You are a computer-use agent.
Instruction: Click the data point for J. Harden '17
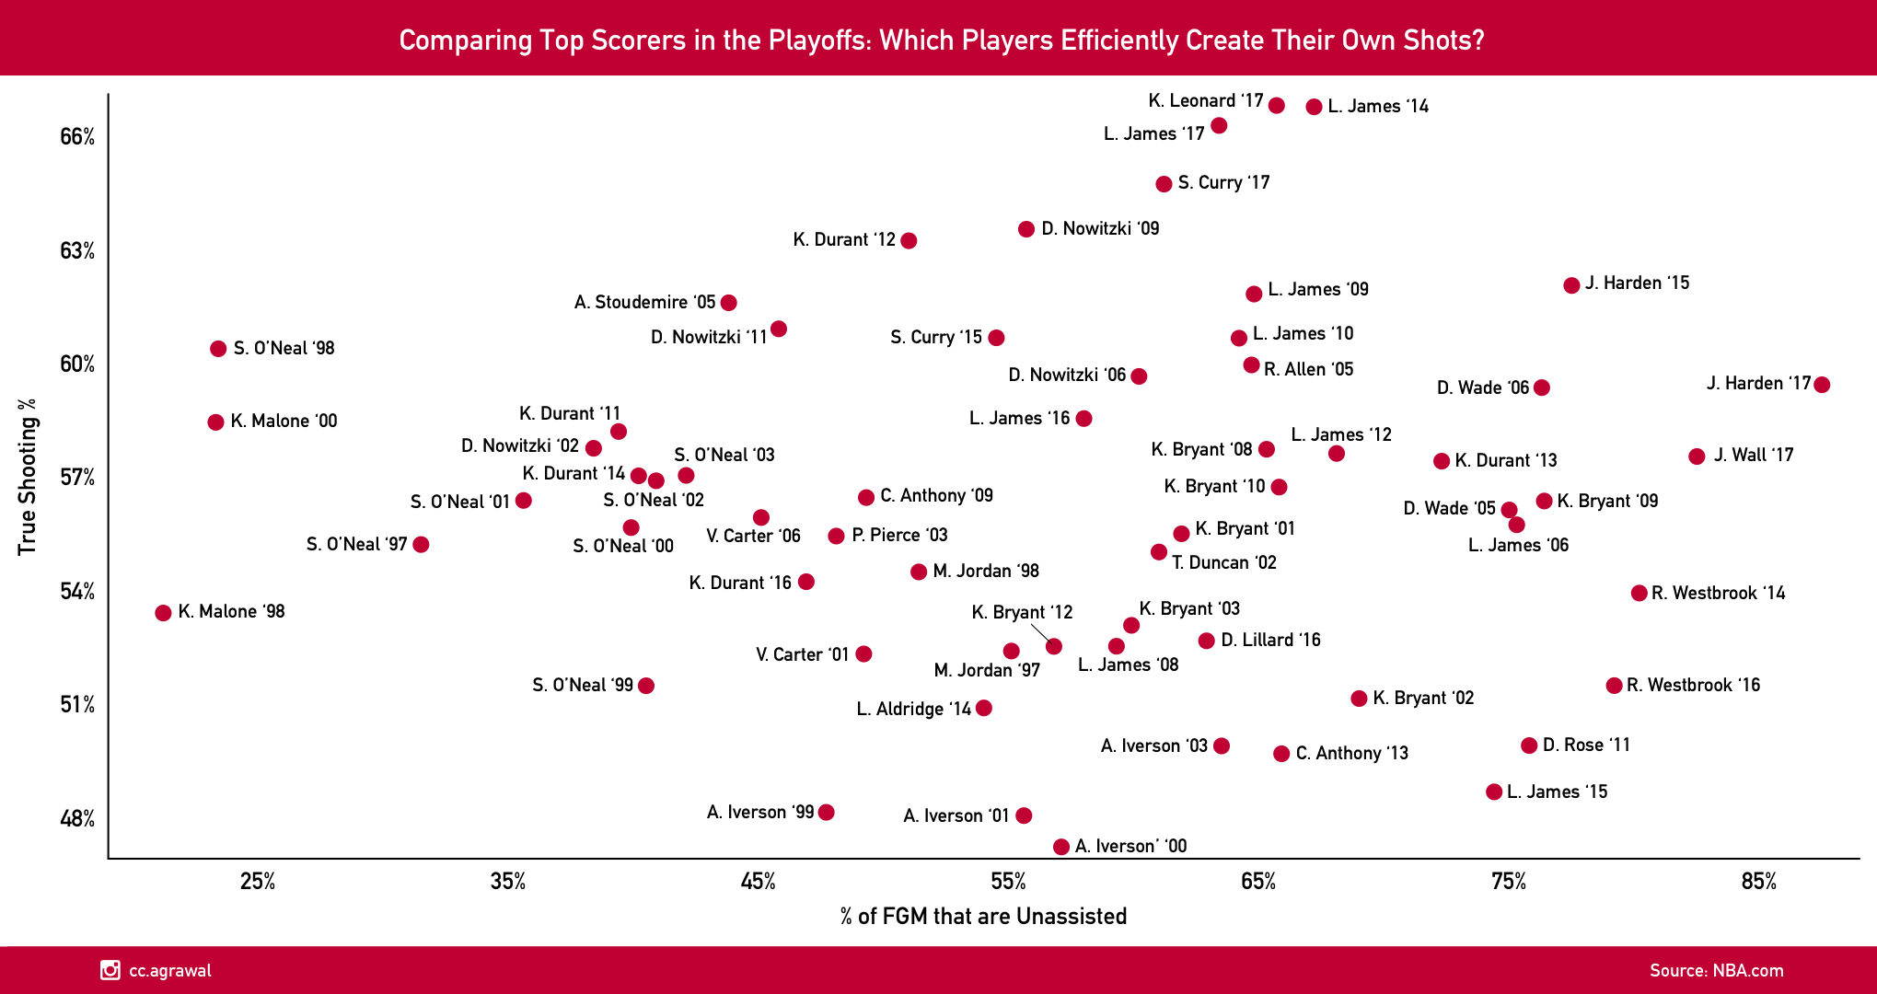pyautogui.click(x=1821, y=385)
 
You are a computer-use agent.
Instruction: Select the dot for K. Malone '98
pyautogui.click(x=163, y=613)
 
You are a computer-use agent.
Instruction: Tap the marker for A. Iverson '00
pyautogui.click(x=1060, y=847)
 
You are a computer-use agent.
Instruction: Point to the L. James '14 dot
pyautogui.click(x=1314, y=107)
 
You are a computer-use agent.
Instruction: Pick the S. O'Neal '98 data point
pyautogui.click(x=218, y=349)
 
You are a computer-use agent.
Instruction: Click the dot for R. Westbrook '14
pyautogui.click(x=1639, y=594)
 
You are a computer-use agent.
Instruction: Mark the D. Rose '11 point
pyautogui.click(x=1529, y=745)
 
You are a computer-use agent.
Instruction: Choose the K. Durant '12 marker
pyautogui.click(x=909, y=241)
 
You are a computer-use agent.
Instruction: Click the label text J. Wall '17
pyautogui.click(x=1754, y=456)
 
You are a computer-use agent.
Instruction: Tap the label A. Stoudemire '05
pyautogui.click(x=644, y=303)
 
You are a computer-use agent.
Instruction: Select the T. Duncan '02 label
pyautogui.click(x=1224, y=563)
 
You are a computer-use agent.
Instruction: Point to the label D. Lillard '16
pyautogui.click(x=1270, y=641)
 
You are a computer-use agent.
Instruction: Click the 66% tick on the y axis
pyautogui.click(x=77, y=137)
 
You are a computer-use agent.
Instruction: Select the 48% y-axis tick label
pyautogui.click(x=77, y=819)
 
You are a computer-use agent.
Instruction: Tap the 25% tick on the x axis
pyautogui.click(x=258, y=882)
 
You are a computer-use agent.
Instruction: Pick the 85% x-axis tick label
pyautogui.click(x=1758, y=882)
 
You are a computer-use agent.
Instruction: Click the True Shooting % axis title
pyautogui.click(x=28, y=477)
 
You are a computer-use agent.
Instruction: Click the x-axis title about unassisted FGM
pyautogui.click(x=983, y=917)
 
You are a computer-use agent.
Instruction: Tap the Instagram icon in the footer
pyautogui.click(x=110, y=970)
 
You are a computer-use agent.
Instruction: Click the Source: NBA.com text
pyautogui.click(x=1716, y=971)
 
